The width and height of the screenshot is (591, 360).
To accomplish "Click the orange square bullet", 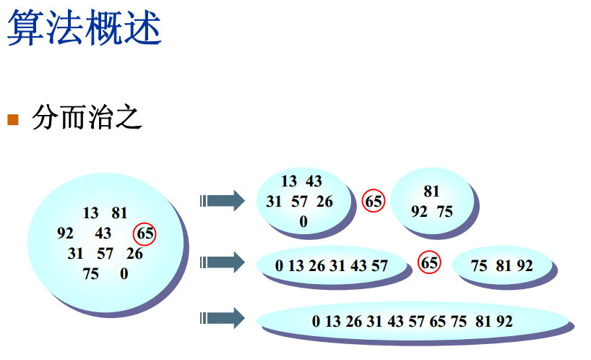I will tap(13, 119).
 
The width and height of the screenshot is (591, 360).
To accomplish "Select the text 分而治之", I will tap(87, 119).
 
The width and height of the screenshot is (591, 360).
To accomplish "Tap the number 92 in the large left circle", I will tap(65, 233).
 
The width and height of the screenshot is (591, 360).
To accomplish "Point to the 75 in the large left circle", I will tap(91, 274).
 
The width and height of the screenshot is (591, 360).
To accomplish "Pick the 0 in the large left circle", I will tap(124, 274).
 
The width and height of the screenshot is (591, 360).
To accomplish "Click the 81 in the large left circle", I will tap(119, 213).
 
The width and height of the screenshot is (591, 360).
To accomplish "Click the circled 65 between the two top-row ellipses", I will tap(374, 202).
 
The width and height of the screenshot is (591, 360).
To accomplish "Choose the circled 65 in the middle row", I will tap(429, 262).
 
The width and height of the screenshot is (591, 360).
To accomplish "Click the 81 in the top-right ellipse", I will tap(431, 192).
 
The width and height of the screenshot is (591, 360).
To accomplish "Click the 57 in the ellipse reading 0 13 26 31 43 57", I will tap(379, 266).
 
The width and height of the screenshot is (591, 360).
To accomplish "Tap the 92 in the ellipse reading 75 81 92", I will tap(525, 266).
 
